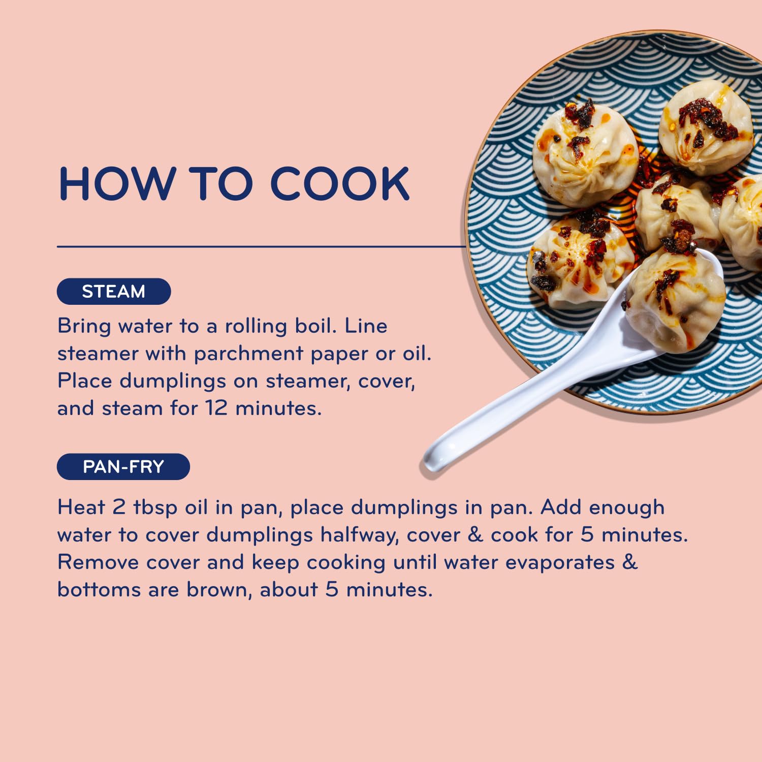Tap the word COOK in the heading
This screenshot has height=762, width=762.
coord(340,183)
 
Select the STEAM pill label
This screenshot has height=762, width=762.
coord(114,292)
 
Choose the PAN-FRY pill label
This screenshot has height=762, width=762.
coord(123,466)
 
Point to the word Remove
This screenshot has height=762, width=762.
coord(98,562)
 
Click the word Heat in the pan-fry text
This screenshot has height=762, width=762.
coord(81,507)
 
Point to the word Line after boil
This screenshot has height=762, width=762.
coord(366,326)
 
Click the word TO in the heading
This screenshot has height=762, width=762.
coord(221,183)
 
